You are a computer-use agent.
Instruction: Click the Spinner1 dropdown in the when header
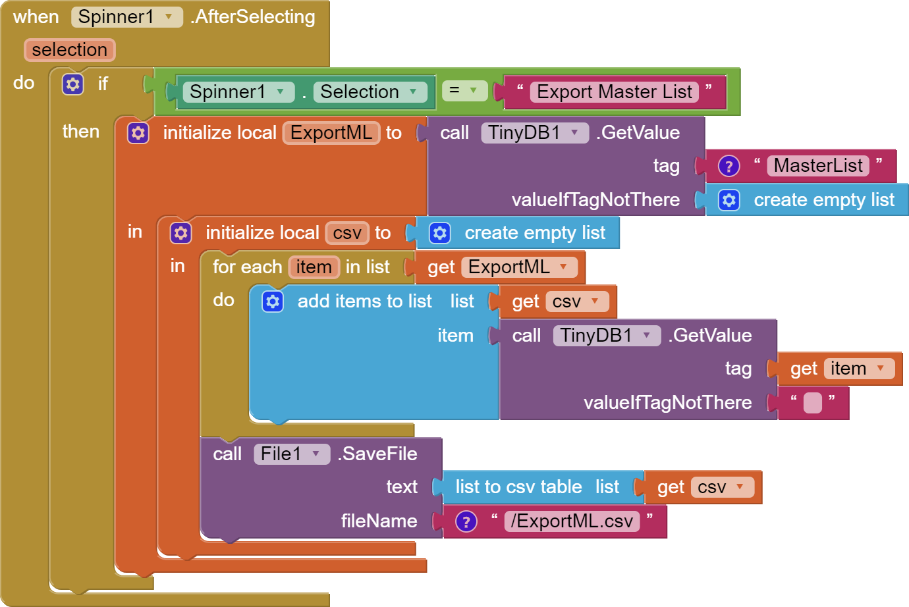126,17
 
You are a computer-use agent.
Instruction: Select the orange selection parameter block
69,49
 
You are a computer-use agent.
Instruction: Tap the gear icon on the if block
72,84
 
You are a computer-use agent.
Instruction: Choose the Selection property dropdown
369,92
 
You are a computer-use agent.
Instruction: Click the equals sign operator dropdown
464,90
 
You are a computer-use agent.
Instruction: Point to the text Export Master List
614,92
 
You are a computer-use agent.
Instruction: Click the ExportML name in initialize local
331,133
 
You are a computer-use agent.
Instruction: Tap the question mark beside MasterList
729,167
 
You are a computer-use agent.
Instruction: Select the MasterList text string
817,166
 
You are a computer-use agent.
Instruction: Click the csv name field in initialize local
347,233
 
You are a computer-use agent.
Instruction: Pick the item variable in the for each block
314,267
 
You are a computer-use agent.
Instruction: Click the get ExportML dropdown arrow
564,267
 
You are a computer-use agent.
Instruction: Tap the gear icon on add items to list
273,302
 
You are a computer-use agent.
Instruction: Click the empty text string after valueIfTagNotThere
813,403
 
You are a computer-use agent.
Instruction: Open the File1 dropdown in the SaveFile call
291,454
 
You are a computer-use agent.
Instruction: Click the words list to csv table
518,487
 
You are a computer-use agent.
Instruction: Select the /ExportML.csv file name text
571,521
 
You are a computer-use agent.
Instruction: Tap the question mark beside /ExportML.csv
466,522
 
